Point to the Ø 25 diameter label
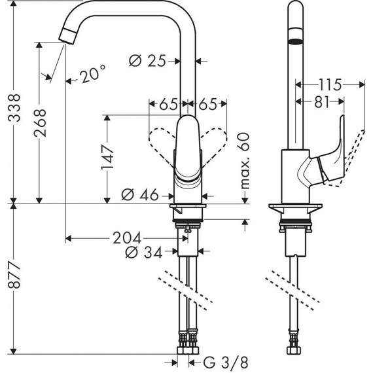click(x=147, y=61)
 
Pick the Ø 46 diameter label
click(x=141, y=194)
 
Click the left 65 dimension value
click(x=168, y=104)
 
